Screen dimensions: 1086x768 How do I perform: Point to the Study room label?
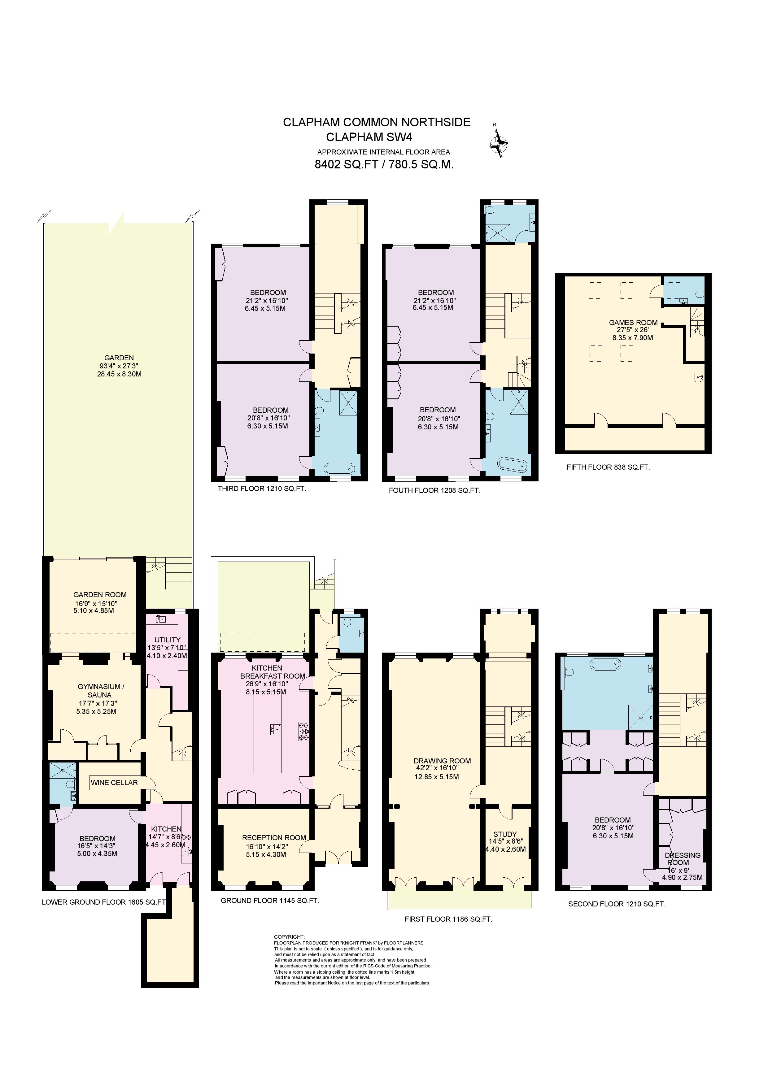tap(505, 834)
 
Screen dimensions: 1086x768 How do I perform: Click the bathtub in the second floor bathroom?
tap(605, 664)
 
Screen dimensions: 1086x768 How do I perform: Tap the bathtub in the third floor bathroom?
tap(339, 468)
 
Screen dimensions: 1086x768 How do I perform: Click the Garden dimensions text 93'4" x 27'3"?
tap(119, 366)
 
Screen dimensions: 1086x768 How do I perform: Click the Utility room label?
tap(167, 640)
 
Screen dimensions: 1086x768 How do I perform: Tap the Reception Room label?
tap(274, 837)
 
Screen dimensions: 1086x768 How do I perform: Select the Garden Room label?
tap(100, 595)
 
